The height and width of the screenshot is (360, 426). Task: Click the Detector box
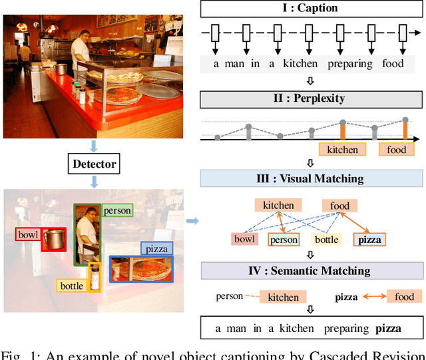[x=94, y=163]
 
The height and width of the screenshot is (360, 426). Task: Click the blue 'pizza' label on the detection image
[x=156, y=249]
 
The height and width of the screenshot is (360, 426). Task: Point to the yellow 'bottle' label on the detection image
[x=72, y=286]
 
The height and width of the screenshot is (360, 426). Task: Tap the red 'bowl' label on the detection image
[x=28, y=235]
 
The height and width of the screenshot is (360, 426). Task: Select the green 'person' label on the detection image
[x=116, y=210]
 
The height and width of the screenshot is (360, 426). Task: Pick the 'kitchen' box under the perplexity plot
[x=342, y=150]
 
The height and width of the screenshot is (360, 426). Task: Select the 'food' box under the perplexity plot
[x=396, y=150]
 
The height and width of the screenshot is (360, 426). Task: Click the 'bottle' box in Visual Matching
[x=326, y=240]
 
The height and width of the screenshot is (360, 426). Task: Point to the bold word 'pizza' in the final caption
[x=389, y=328]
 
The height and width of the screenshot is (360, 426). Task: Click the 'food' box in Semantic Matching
[x=404, y=297]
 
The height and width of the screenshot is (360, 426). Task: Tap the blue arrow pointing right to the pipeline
[x=192, y=221]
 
